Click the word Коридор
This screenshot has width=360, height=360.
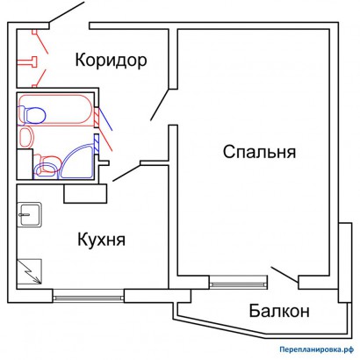pyautogui.click(x=110, y=61)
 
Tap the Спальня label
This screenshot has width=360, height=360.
pyautogui.click(x=259, y=151)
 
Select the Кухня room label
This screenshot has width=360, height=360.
pyautogui.click(x=100, y=239)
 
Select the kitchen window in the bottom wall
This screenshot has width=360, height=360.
pyautogui.click(x=87, y=294)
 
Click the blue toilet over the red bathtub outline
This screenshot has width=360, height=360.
pyautogui.click(x=36, y=113)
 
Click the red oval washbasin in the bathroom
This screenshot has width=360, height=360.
pyautogui.click(x=26, y=136)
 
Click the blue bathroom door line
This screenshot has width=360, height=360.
pyautogui.click(x=104, y=117)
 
